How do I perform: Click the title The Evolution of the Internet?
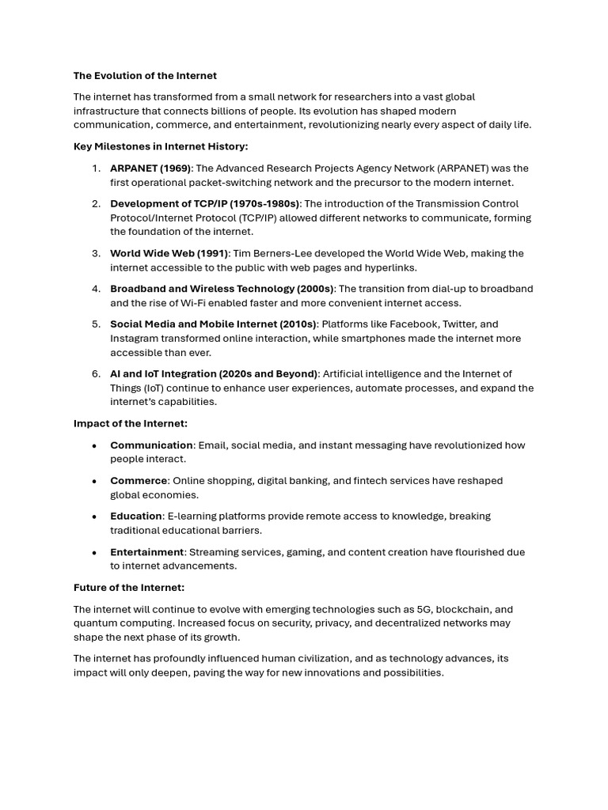tap(145, 76)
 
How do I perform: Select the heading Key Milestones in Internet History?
tap(161, 146)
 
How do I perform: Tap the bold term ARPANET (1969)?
tap(150, 168)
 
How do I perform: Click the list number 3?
tap(96, 253)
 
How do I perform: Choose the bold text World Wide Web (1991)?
tap(169, 253)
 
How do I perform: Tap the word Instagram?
tap(136, 339)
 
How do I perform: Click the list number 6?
tap(96, 374)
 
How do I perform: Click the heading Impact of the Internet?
tap(131, 423)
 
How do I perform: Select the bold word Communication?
tap(151, 445)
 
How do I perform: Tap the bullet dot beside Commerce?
tap(94, 481)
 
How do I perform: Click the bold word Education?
tap(136, 517)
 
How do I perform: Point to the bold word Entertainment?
tap(147, 552)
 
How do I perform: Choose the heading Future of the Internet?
tap(129, 588)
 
